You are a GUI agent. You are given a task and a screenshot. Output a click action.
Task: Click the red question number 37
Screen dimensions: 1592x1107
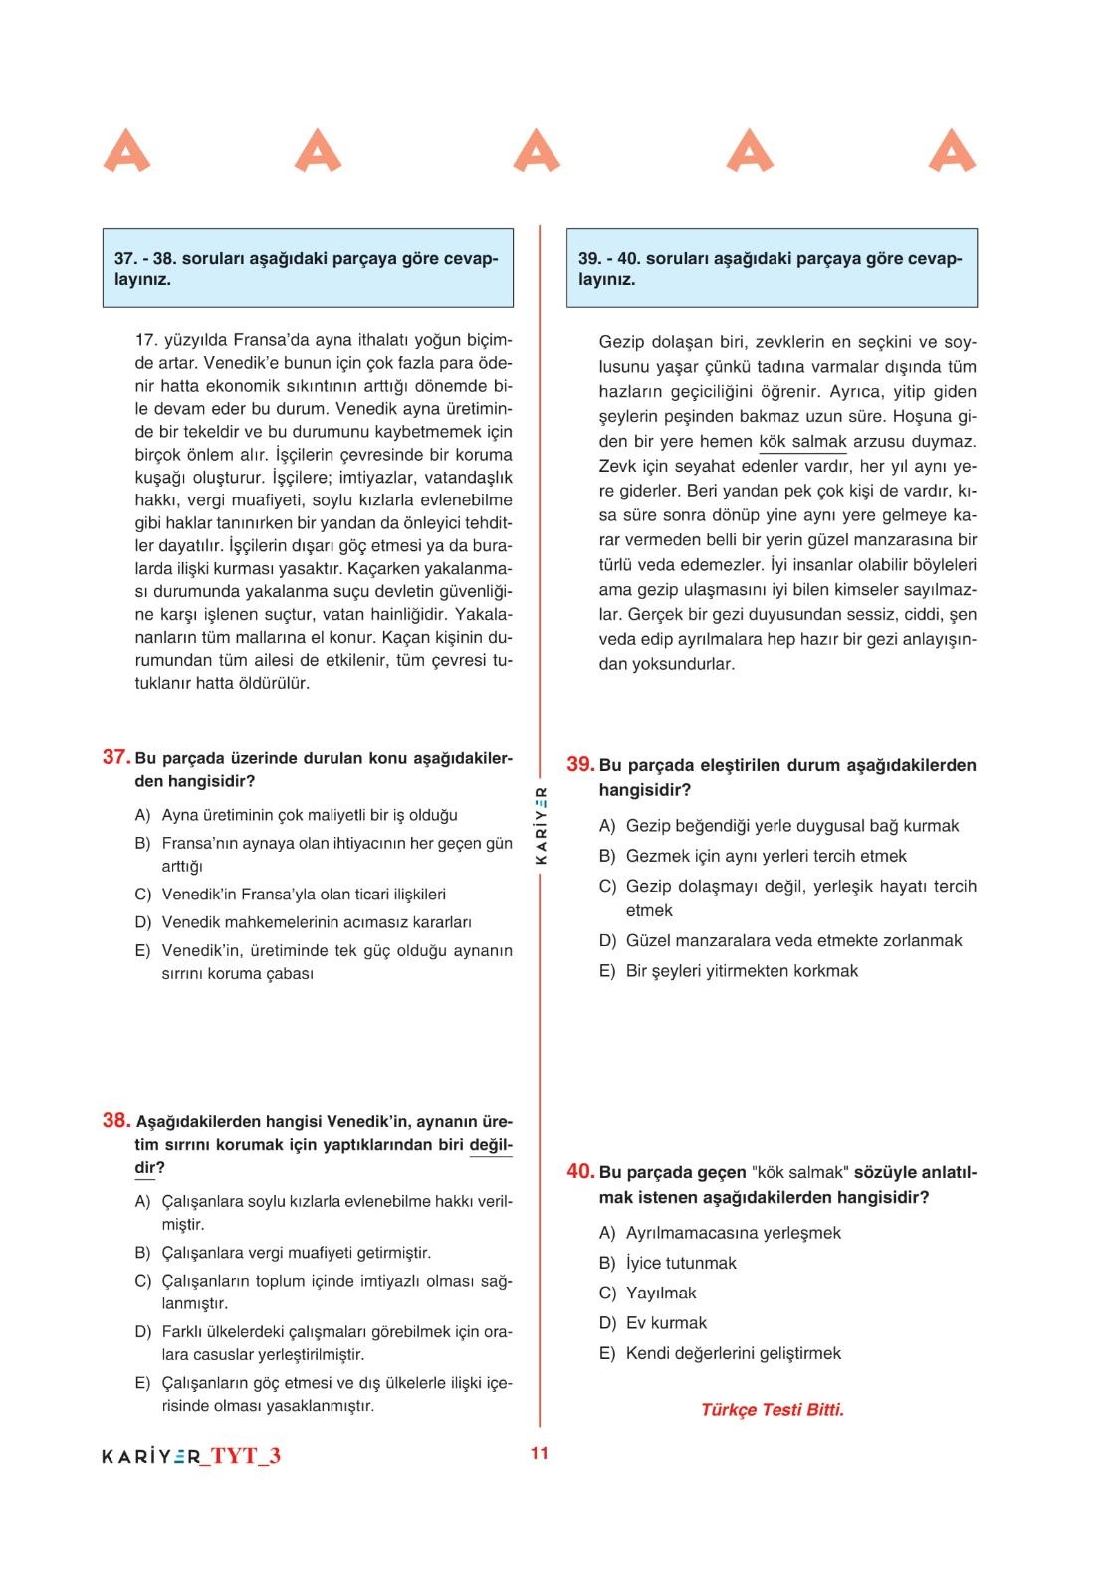pos(116,757)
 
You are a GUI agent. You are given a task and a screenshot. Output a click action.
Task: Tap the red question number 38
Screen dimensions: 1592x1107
pos(116,1121)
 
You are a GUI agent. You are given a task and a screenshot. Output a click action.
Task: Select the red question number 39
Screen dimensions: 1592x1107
pos(580,764)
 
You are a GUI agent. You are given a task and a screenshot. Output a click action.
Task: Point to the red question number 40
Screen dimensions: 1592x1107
pos(580,1171)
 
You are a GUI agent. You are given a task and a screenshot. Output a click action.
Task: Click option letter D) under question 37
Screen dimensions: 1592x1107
pos(143,922)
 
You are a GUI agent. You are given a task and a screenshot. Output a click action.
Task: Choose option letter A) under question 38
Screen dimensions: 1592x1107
pos(143,1201)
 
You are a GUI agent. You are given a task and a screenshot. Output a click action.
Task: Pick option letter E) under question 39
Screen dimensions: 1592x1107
pos(607,971)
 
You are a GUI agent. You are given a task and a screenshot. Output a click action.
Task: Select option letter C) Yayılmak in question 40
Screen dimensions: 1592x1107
pos(607,1293)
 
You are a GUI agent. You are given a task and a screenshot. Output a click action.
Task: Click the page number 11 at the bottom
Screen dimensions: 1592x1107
pos(540,1453)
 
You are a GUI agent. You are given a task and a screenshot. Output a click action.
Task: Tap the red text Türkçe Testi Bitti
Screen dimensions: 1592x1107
pos(773,1409)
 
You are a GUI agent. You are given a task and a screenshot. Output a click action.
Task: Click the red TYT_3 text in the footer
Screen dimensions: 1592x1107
pos(246,1456)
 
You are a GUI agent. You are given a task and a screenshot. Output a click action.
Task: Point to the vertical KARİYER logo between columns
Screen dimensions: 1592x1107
pos(541,824)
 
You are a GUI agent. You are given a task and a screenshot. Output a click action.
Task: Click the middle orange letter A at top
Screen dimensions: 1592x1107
pos(537,151)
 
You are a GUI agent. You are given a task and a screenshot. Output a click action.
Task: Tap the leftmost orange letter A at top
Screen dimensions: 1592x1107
pos(126,151)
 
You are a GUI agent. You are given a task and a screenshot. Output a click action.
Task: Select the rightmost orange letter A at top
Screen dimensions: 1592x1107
pos(953,151)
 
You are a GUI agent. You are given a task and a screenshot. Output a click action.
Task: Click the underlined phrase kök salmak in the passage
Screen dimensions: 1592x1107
pos(802,442)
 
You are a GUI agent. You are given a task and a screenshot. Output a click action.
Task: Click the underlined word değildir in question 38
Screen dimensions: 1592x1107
pos(491,1145)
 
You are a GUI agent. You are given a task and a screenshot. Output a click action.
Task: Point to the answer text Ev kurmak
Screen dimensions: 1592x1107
pos(666,1323)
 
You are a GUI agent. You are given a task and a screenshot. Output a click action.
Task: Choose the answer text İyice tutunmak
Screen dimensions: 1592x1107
pos(681,1263)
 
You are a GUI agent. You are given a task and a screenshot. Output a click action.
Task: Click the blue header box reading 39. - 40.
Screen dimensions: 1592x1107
pos(772,268)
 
